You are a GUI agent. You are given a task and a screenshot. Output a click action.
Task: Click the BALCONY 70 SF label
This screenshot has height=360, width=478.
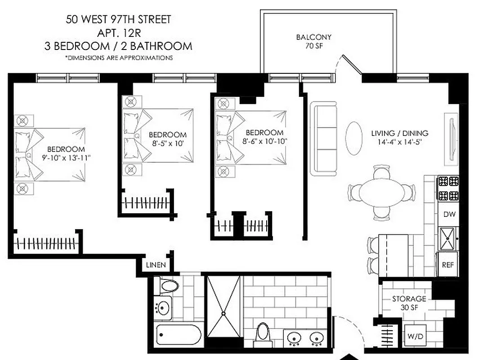pyautogui.click(x=313, y=41)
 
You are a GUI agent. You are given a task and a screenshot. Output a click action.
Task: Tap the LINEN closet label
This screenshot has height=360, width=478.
pyautogui.click(x=156, y=265)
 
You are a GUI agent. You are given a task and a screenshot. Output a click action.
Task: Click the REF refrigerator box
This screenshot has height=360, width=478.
pyautogui.click(x=447, y=265)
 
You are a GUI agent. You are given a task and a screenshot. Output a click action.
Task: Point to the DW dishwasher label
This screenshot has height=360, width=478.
pyautogui.click(x=449, y=214)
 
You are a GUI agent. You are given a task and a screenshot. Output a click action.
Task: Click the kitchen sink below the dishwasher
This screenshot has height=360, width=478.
pyautogui.click(x=448, y=238)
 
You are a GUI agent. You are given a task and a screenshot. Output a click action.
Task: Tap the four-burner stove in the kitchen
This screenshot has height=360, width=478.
pyautogui.click(x=448, y=189)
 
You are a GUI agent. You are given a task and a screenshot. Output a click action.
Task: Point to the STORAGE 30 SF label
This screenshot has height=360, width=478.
pyautogui.click(x=408, y=302)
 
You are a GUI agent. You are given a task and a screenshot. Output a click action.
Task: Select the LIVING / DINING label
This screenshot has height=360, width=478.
pyautogui.click(x=399, y=133)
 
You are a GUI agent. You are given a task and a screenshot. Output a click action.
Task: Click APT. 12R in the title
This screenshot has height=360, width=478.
pyautogui.click(x=118, y=33)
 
